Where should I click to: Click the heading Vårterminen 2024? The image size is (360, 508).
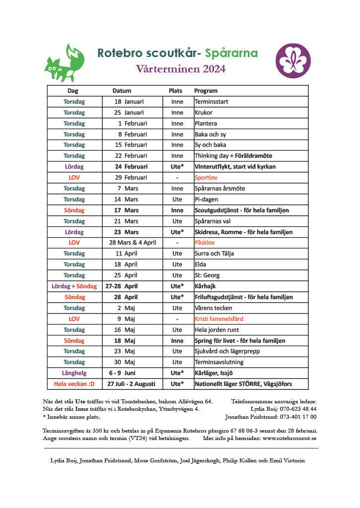point(181,69)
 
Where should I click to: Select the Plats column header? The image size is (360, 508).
point(176,91)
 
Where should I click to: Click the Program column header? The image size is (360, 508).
point(206,91)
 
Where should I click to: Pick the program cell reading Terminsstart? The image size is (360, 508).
point(212,102)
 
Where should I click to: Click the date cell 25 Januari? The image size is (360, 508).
point(129,113)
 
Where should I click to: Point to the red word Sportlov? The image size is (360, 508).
point(206,178)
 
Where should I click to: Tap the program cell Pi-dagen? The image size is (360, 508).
point(206,199)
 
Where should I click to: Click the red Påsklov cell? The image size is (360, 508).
point(205,243)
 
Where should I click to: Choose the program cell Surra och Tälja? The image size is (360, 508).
point(214,254)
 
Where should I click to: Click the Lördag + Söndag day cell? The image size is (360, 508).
point(74,286)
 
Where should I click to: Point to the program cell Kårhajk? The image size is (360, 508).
point(206,286)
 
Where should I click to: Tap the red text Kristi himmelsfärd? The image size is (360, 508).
point(219,319)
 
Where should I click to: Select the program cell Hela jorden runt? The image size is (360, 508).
point(217,330)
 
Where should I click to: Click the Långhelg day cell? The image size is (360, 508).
point(74,373)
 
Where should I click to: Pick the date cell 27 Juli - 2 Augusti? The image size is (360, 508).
point(131,384)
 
